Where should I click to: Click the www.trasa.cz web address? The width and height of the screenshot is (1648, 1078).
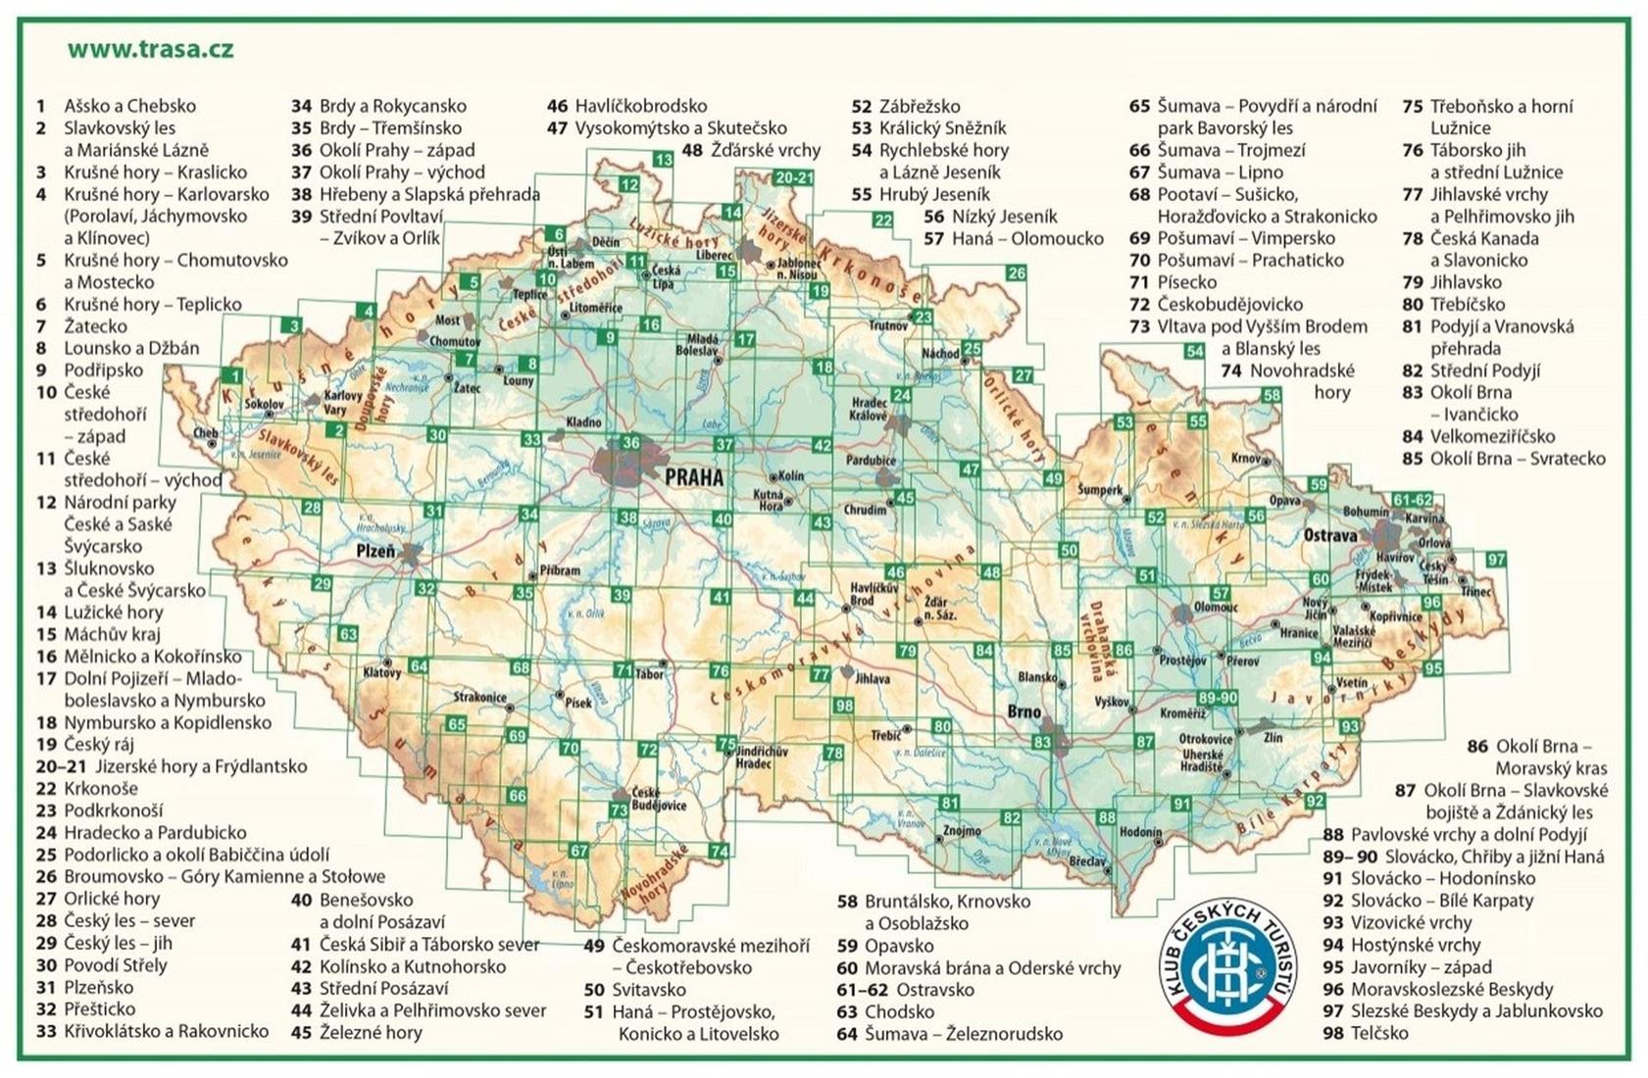pyautogui.click(x=150, y=49)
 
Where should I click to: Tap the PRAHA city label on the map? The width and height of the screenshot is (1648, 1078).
pyautogui.click(x=693, y=477)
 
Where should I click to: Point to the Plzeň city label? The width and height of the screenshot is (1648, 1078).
pyautogui.click(x=375, y=552)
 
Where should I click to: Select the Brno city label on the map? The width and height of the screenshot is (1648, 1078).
pyautogui.click(x=1024, y=712)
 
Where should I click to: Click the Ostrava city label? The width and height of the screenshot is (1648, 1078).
pyautogui.click(x=1330, y=535)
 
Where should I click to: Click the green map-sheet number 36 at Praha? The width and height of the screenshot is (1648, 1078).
pyautogui.click(x=631, y=443)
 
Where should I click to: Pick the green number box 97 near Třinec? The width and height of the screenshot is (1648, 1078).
pyautogui.click(x=1495, y=560)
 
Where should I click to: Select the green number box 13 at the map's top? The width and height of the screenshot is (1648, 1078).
pyautogui.click(x=664, y=160)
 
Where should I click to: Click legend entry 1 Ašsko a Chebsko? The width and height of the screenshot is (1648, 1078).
pyautogui.click(x=118, y=106)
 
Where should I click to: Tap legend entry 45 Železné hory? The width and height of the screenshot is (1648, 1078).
pyautogui.click(x=358, y=1032)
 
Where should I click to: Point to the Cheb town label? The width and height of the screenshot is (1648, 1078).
pyautogui.click(x=206, y=432)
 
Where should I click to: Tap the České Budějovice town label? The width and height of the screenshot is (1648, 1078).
pyautogui.click(x=658, y=799)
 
